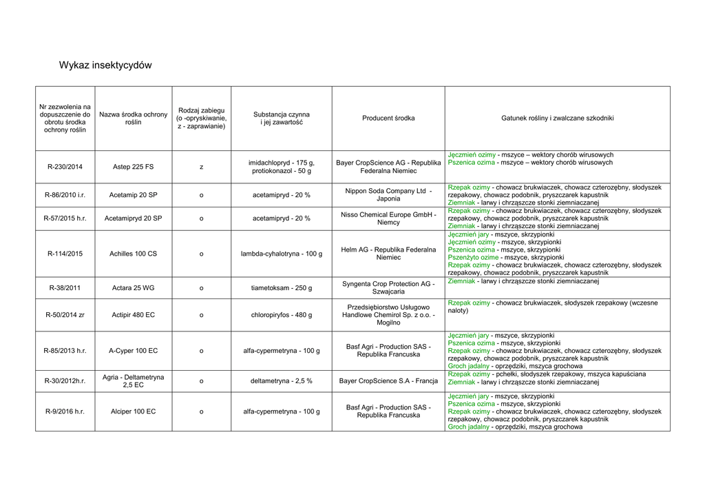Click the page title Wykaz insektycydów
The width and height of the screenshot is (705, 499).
tap(105, 65)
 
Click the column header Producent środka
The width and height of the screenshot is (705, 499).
tap(388, 119)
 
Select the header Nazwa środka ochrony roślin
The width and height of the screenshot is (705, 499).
tap(133, 119)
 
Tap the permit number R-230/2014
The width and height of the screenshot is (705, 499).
tap(65, 167)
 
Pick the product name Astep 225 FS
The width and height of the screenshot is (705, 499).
tap(133, 167)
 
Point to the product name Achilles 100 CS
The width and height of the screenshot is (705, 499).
tap(133, 254)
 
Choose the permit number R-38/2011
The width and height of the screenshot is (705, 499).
tap(65, 288)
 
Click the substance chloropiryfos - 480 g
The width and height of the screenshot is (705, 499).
tap(281, 315)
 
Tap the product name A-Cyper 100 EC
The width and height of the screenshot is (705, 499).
tap(133, 351)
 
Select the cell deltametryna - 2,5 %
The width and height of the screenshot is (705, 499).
tap(281, 380)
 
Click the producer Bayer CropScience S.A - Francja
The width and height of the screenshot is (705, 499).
tap(388, 380)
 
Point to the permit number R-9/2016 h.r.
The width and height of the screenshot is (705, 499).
tap(65, 411)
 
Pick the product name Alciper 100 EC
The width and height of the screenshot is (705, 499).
tap(133, 411)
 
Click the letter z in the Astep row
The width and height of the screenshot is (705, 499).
tap(201, 167)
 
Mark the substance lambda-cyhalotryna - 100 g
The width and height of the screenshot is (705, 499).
tap(281, 254)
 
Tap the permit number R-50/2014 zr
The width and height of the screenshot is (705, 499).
tap(65, 315)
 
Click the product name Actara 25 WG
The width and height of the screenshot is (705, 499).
tap(133, 288)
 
